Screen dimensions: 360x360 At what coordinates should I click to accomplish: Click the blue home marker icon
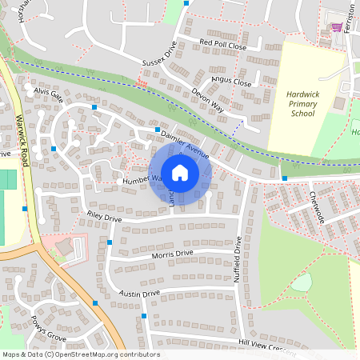(180, 172)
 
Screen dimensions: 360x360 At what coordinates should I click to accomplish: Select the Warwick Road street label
(22, 139)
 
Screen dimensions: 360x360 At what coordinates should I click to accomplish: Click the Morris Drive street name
(172, 254)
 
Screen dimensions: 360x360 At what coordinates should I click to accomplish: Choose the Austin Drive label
(140, 294)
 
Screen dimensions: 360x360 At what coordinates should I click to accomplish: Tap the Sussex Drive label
(158, 57)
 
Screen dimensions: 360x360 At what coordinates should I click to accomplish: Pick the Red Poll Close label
(223, 44)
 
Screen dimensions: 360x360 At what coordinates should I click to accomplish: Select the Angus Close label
(231, 82)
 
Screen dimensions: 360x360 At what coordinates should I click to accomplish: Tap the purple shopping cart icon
(337, 27)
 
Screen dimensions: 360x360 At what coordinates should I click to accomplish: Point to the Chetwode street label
(313, 204)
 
